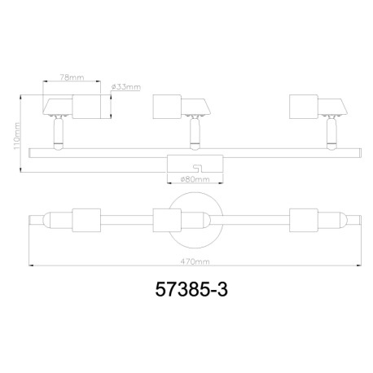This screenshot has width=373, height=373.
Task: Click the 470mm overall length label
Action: (x=194, y=262)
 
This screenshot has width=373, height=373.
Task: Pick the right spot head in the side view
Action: (x=318, y=107)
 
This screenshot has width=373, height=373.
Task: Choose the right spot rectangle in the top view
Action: (x=303, y=220)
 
